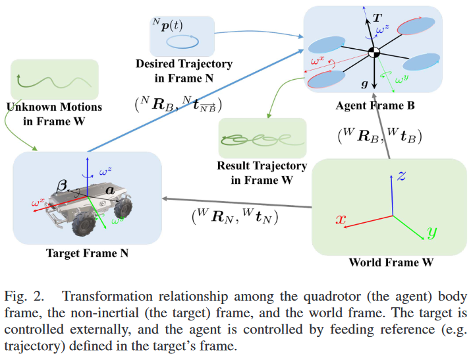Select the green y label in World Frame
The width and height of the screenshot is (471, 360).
point(432,232)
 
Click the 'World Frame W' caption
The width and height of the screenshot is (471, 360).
point(392,262)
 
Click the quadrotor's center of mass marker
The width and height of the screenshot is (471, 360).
point(374,52)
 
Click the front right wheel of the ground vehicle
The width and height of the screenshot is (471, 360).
point(122,210)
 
